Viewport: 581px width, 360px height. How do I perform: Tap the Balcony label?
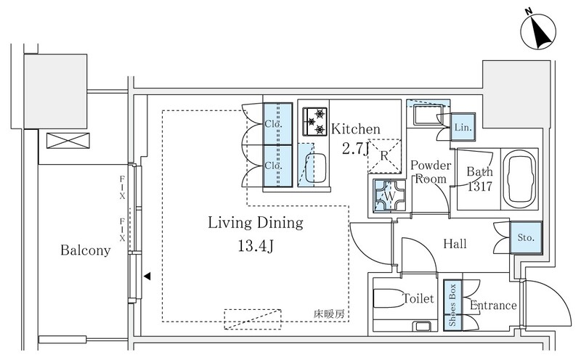[86, 251]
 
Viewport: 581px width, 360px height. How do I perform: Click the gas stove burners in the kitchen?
[317, 120]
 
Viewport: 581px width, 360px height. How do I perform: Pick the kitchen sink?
[317, 168]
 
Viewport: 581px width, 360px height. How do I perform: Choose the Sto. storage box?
[525, 236]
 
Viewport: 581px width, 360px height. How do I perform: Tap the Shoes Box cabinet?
[452, 305]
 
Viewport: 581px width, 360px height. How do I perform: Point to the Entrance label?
[492, 306]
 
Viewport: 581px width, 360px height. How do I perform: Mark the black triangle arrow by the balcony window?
[147, 276]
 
